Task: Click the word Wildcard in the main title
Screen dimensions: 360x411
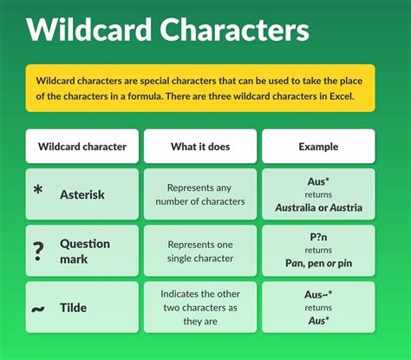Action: (89, 31)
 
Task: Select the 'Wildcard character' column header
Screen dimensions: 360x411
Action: (82, 147)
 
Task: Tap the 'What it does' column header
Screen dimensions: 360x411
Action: (200, 147)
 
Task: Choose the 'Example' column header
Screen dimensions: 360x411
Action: (318, 147)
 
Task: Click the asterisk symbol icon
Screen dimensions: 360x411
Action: (37, 189)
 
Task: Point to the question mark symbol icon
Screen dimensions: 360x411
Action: (38, 252)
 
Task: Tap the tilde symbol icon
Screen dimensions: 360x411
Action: (37, 308)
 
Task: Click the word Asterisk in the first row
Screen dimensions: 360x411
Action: (82, 194)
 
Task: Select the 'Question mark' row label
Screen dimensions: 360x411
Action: (84, 251)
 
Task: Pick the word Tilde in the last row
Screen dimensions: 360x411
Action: (74, 308)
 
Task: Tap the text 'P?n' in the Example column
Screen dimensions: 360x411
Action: (318, 237)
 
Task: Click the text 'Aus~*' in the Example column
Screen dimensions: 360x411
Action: (318, 294)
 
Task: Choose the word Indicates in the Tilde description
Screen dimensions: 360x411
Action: (186, 294)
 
